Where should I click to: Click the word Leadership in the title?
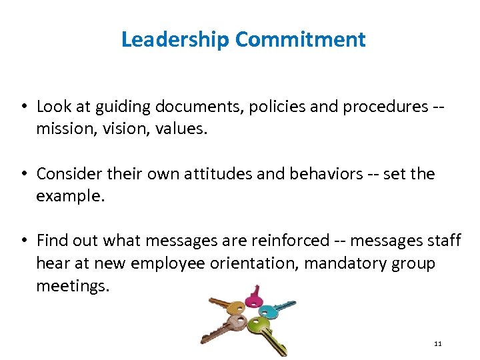[175, 39]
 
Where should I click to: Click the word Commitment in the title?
[300, 39]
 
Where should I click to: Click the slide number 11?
[437, 344]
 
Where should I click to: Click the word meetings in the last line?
[71, 285]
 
